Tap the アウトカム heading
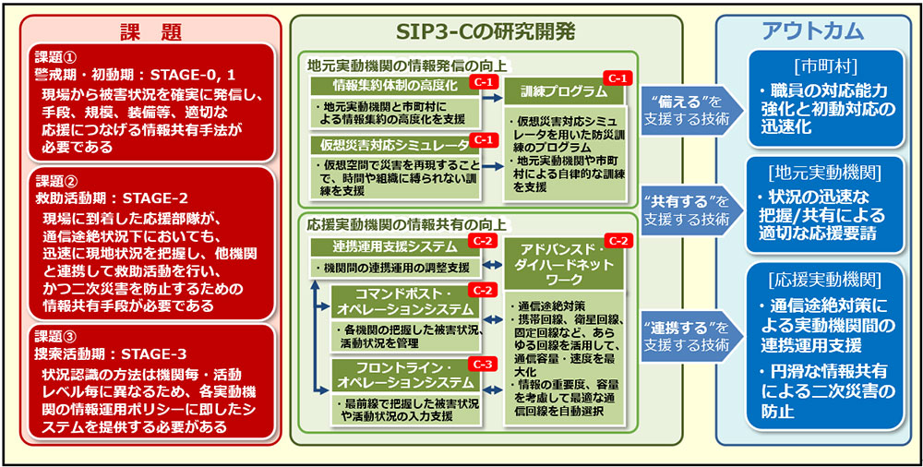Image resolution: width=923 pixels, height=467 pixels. [x=812, y=30]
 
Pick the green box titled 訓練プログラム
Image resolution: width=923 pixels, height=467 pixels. [x=563, y=92]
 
